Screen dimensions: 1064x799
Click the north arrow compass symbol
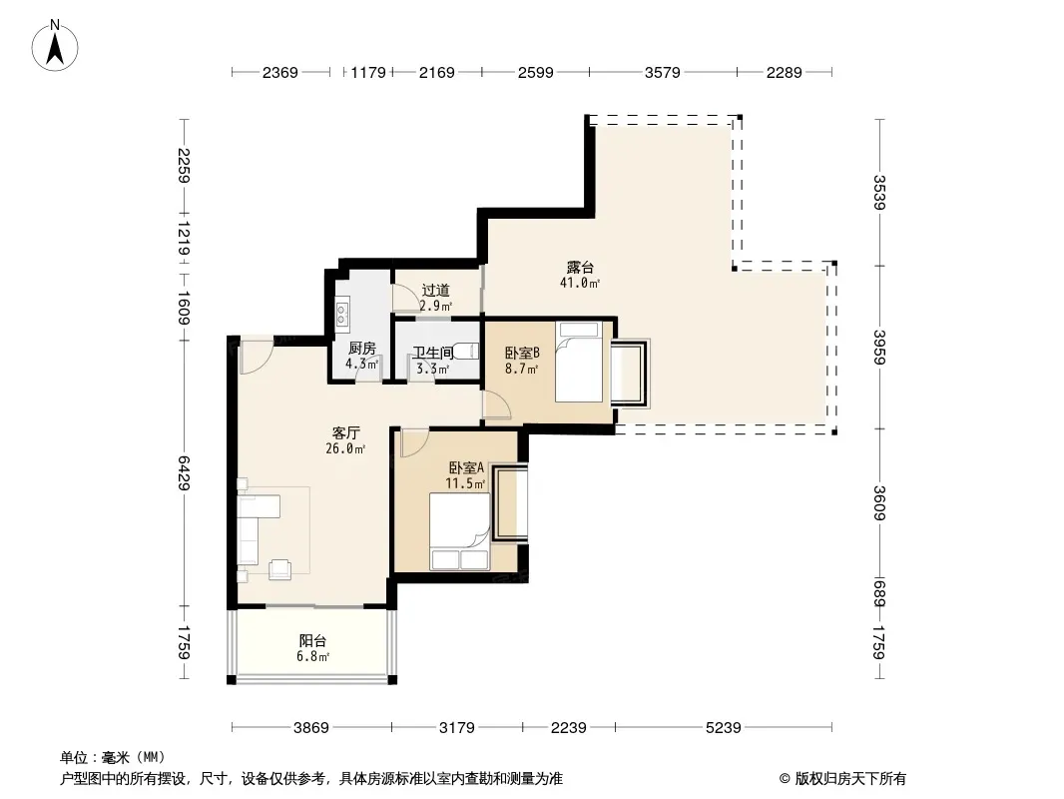click(55, 46)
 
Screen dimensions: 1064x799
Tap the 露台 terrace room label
click(580, 268)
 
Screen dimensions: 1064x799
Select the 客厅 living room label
click(346, 433)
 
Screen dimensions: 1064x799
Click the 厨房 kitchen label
click(361, 349)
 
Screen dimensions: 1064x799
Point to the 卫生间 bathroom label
click(433, 353)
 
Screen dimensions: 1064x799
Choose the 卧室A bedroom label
click(466, 467)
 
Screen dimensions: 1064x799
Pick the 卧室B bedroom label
click(522, 353)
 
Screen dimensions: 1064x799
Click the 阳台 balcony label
click(312, 641)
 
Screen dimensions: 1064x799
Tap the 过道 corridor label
click(435, 291)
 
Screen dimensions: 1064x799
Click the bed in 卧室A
click(459, 531)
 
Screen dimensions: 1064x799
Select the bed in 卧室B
click(579, 363)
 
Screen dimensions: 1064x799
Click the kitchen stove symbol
click(342, 312)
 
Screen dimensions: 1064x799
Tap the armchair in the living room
click(280, 569)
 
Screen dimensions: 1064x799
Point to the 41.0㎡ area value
click(580, 283)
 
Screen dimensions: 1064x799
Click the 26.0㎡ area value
click(345, 448)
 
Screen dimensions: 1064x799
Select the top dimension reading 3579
click(663, 72)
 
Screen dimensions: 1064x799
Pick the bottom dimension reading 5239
click(724, 728)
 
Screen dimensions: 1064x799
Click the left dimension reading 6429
click(184, 473)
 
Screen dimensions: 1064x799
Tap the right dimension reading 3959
click(879, 347)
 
